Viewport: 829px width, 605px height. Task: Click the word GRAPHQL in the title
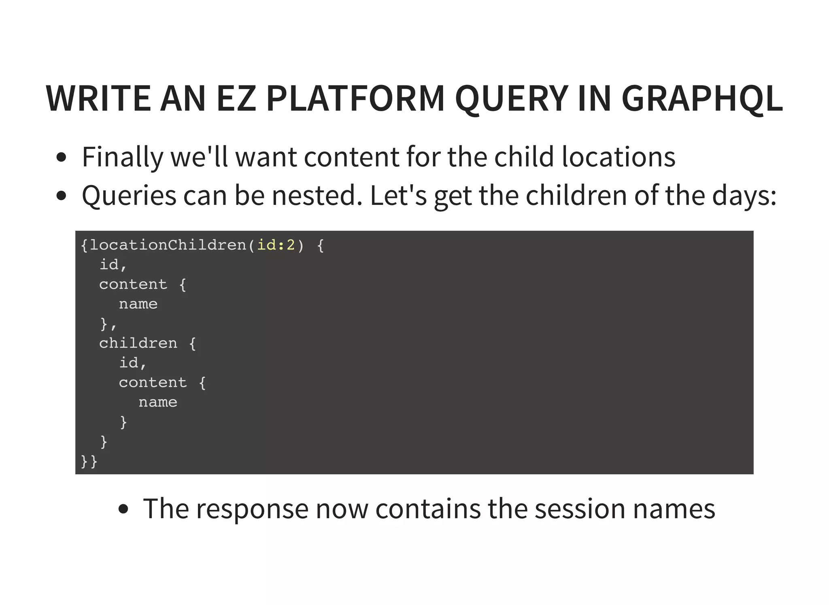(x=702, y=98)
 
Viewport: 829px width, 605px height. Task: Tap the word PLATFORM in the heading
(x=355, y=98)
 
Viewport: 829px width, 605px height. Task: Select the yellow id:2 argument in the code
(x=276, y=245)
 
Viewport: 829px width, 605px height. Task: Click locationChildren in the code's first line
(x=168, y=245)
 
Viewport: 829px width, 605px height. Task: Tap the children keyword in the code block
(x=138, y=343)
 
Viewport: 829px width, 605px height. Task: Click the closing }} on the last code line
(x=89, y=461)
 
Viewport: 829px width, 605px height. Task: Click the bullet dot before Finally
(x=61, y=157)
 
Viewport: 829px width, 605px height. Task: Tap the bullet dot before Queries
(x=61, y=196)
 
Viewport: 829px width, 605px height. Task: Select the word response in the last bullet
(x=251, y=509)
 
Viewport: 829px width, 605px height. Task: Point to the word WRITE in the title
(x=98, y=98)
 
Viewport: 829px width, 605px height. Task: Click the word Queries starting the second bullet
(x=129, y=196)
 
